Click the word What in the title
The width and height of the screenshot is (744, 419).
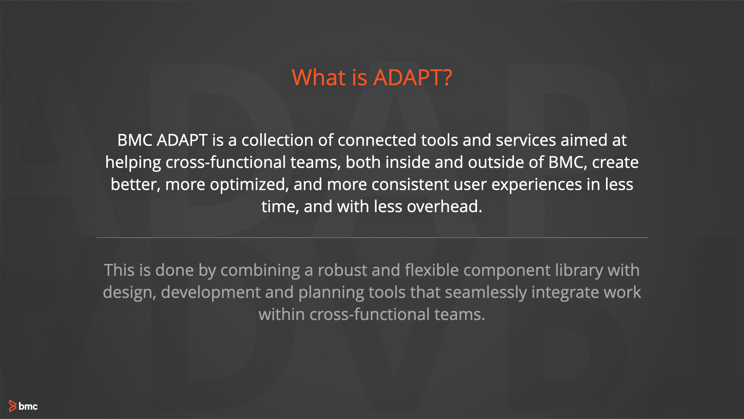pos(319,77)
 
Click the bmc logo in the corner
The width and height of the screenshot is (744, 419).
pos(23,406)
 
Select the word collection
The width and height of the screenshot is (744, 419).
pos(277,140)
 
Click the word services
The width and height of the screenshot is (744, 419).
pos(526,140)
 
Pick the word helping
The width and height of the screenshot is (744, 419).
pos(133,163)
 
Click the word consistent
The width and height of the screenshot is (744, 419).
pos(410,184)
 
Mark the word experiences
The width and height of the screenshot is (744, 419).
pos(536,185)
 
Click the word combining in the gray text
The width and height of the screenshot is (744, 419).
pos(260,270)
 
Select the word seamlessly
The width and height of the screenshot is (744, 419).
pos(486,293)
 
